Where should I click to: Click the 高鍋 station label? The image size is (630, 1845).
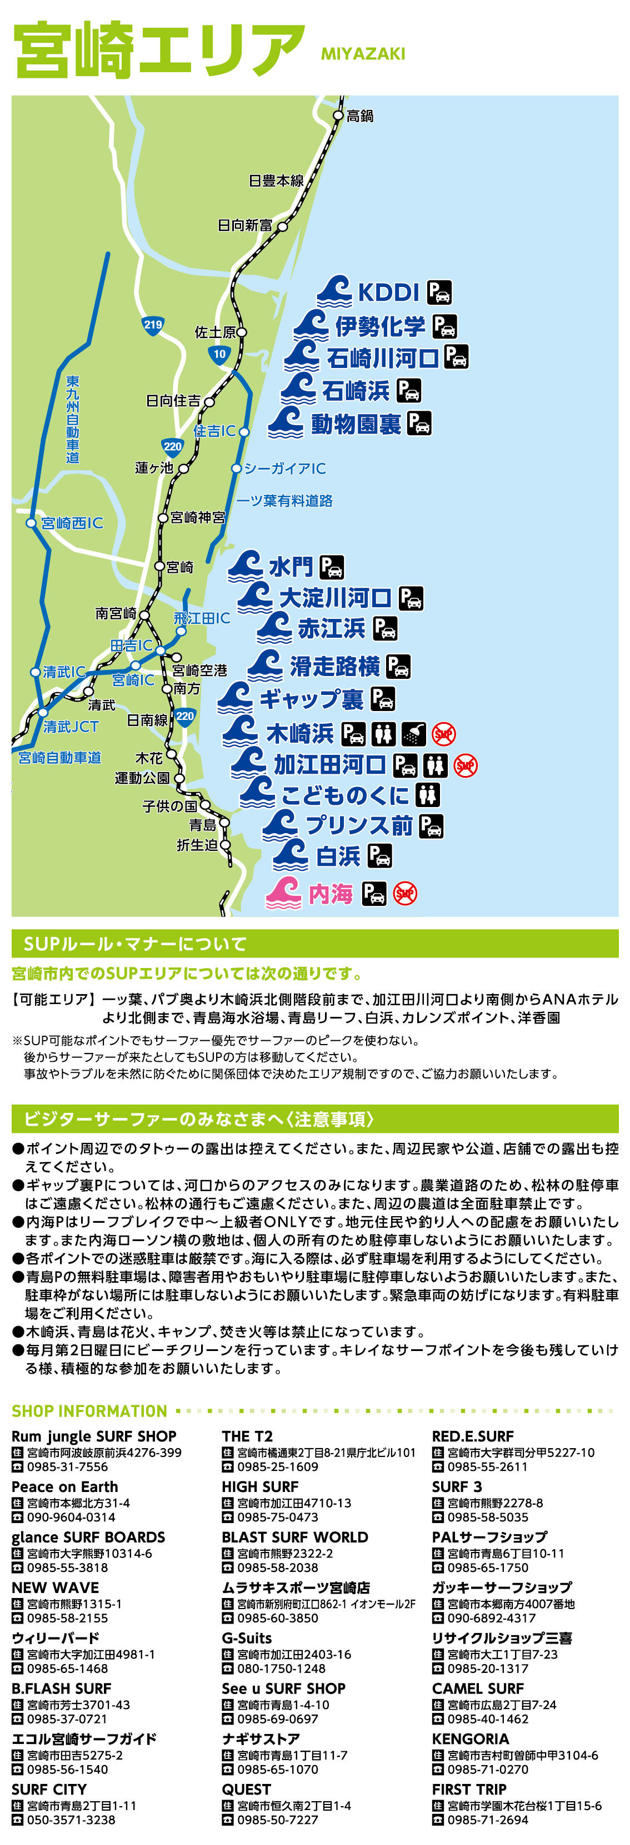pos(360,116)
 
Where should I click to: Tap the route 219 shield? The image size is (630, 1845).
pos(153,325)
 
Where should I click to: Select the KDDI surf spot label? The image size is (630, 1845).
pos(388,292)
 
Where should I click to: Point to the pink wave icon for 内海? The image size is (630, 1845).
pos(283,893)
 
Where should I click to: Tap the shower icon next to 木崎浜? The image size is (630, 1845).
pos(413,733)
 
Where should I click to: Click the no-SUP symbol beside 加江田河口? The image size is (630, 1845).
pos(466,765)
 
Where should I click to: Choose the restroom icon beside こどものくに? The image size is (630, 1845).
pos(428,794)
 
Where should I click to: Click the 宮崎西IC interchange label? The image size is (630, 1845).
pos(72,523)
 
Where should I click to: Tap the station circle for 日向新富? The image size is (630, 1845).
pos(282,226)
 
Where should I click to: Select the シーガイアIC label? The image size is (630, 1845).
pos(284,468)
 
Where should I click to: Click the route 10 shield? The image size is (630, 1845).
pos(219,354)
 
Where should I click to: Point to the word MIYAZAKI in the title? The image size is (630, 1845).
pos(363,54)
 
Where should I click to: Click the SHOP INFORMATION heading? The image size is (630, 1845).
pos(89,1410)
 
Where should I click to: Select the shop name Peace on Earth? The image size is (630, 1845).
pos(64,1486)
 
